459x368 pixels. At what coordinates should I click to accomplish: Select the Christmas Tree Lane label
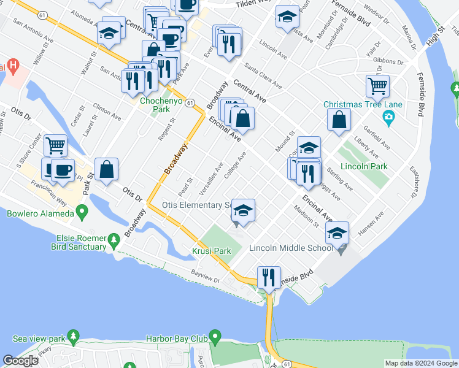point(363,104)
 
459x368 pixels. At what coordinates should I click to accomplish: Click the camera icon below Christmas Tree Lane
point(388,117)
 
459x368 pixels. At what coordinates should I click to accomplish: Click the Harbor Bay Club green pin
point(214,337)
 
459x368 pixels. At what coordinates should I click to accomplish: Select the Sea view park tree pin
point(74,337)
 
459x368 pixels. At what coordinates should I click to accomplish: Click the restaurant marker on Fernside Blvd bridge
point(268,277)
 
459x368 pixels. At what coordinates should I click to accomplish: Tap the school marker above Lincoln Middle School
point(336,233)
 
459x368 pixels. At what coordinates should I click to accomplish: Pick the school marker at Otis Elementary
point(243,211)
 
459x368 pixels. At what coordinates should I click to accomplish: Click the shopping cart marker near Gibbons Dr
point(377,86)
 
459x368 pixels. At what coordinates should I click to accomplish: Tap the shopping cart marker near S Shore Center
point(55,145)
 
